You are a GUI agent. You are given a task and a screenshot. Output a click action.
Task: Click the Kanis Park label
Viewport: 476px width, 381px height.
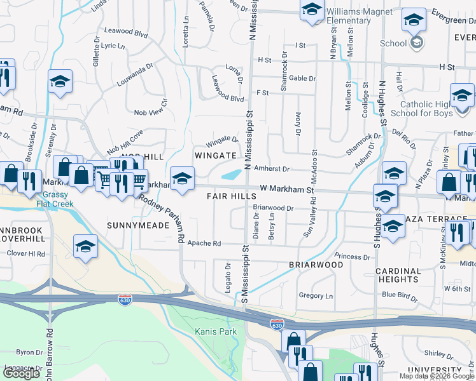click(216, 331)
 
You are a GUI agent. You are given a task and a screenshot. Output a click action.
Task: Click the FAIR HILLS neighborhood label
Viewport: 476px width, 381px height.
click(231, 197)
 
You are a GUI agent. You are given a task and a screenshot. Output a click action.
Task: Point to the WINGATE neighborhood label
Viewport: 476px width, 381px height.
click(216, 156)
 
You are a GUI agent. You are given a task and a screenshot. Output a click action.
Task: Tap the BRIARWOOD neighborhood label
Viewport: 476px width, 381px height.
click(316, 265)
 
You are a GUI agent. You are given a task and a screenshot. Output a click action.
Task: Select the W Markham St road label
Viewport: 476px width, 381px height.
click(288, 189)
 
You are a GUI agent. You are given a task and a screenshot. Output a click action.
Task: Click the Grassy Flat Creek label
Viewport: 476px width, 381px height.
click(54, 200)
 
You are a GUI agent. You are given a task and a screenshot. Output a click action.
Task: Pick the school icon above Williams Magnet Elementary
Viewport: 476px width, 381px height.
click(312, 10)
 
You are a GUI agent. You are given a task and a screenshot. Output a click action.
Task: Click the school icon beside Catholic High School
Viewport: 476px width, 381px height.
click(462, 96)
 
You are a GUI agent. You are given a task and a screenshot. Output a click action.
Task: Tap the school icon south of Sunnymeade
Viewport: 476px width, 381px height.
click(85, 246)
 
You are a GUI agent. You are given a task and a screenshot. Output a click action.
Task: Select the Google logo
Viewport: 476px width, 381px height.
click(22, 373)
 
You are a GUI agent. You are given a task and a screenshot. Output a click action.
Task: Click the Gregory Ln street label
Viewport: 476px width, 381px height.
click(316, 296)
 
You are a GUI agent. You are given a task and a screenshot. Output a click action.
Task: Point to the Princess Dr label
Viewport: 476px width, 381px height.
click(352, 257)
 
